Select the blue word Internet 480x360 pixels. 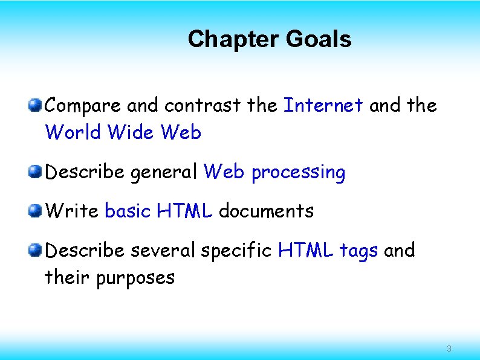coord(323,105)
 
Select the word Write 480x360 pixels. coord(72,211)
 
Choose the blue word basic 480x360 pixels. coord(128,211)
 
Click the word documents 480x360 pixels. coord(266,211)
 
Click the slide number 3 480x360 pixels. coord(449,349)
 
